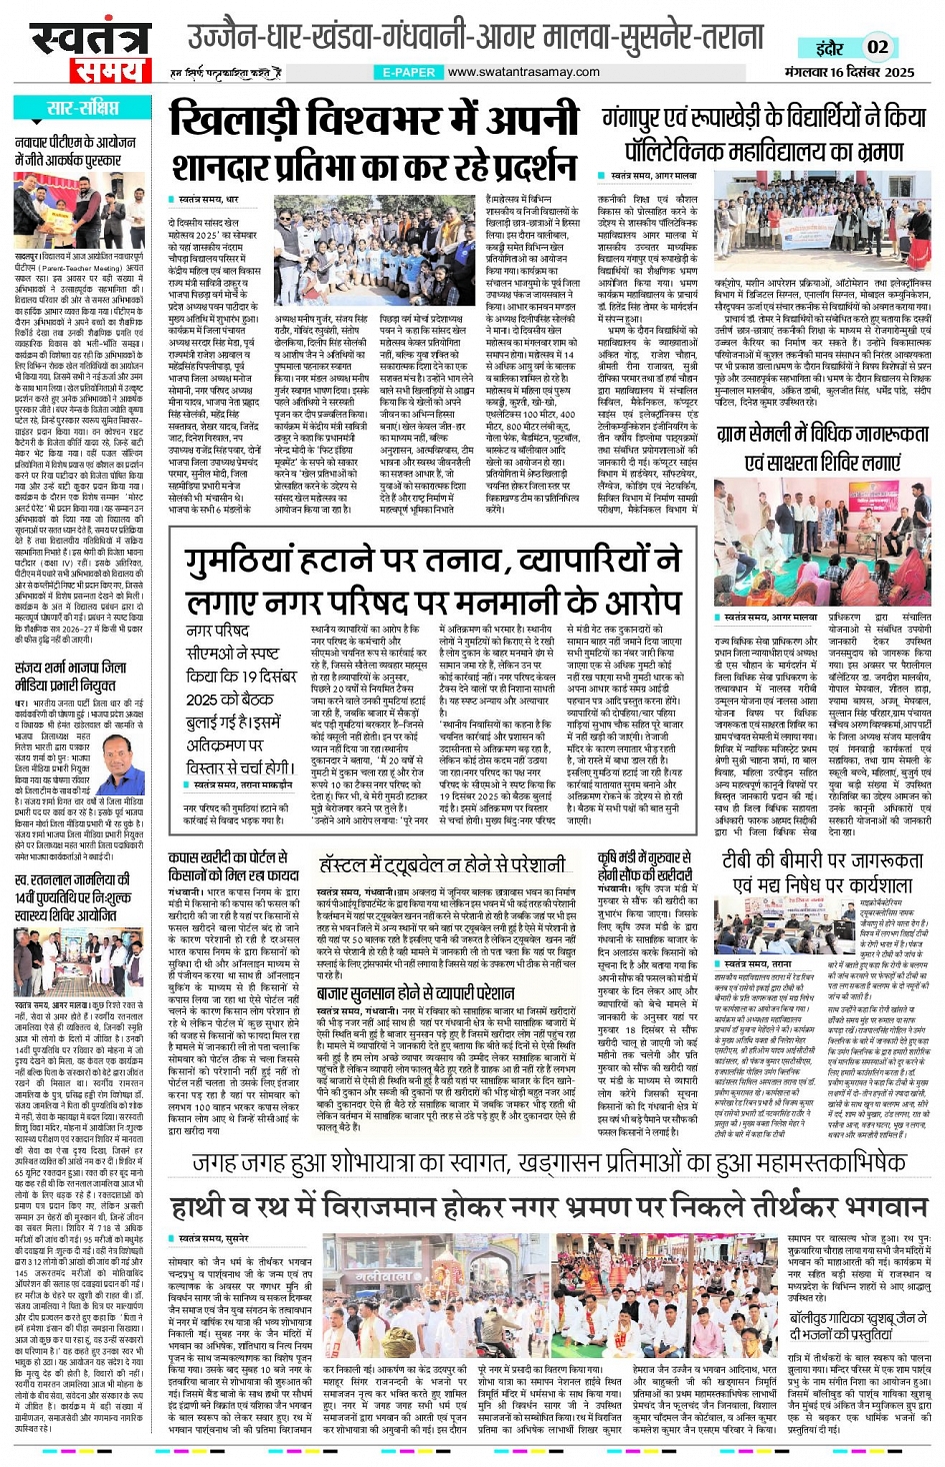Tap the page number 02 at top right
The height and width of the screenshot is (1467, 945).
tap(877, 47)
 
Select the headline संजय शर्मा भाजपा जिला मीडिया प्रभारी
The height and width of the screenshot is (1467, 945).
tap(71, 677)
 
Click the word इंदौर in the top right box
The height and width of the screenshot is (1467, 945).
tap(829, 47)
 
